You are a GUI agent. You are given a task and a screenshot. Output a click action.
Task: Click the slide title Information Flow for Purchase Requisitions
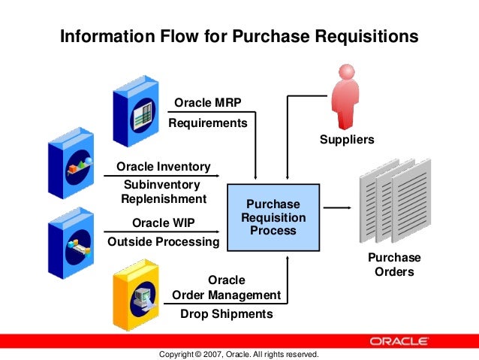[x=239, y=36]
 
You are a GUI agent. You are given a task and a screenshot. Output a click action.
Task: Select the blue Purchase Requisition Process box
[x=273, y=217]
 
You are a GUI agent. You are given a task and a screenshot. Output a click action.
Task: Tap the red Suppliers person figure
[x=347, y=95]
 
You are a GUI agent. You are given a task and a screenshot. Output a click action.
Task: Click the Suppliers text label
[x=346, y=140]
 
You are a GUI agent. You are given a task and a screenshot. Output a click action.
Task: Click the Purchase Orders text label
[x=393, y=265]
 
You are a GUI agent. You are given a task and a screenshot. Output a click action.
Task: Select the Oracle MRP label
[x=207, y=103]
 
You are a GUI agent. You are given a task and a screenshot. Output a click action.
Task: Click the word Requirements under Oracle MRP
[x=207, y=123]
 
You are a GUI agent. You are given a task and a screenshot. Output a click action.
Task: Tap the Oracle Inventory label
[x=164, y=166]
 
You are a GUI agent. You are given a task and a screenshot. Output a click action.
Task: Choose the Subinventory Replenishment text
[x=163, y=192]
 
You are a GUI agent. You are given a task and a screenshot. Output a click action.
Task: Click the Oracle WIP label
[x=164, y=222]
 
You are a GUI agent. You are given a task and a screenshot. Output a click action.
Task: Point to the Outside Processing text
[x=164, y=242]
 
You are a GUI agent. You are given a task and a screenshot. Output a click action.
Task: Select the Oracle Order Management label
[x=226, y=287]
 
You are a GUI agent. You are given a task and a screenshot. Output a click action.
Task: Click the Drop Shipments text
[x=226, y=314]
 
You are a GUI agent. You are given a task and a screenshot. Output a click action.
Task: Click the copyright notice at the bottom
[x=239, y=353]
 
